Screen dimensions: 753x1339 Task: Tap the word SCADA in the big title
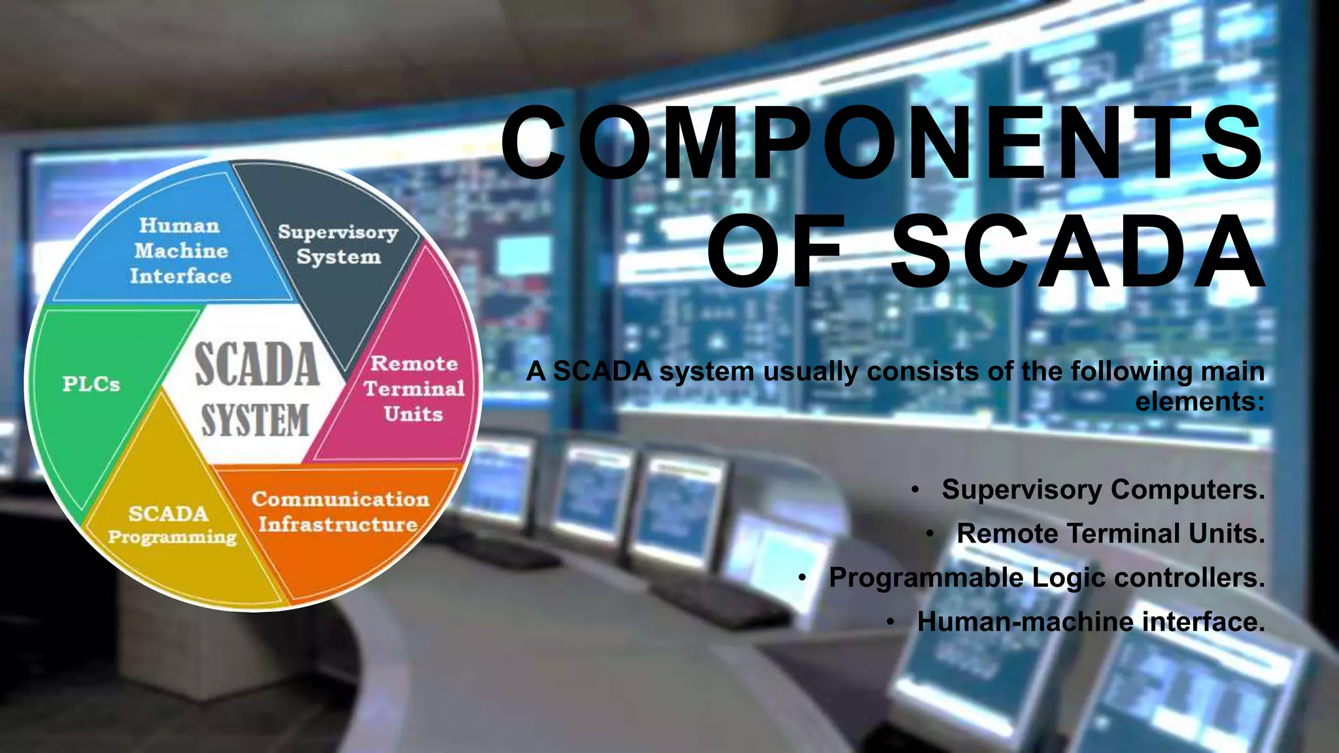click(1078, 252)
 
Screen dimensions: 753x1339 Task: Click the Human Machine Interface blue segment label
click(180, 251)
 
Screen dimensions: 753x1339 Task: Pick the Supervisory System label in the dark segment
click(338, 244)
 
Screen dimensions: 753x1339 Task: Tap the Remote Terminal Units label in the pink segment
click(414, 389)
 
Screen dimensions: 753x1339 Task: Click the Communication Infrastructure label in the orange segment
click(339, 512)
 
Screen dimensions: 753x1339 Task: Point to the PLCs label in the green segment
click(91, 384)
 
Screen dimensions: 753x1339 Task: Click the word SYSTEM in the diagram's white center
click(255, 420)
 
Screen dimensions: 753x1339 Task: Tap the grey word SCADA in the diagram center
click(257, 365)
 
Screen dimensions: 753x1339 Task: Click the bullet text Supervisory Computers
click(1103, 490)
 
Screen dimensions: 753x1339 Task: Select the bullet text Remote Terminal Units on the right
click(1110, 533)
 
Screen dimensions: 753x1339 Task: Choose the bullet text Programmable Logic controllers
click(1046, 578)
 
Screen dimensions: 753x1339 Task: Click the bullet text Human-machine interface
click(1091, 622)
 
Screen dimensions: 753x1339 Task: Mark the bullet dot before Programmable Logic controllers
click(802, 578)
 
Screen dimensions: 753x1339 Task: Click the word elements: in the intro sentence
click(1200, 401)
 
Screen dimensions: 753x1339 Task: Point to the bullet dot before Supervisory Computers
click(915, 490)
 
